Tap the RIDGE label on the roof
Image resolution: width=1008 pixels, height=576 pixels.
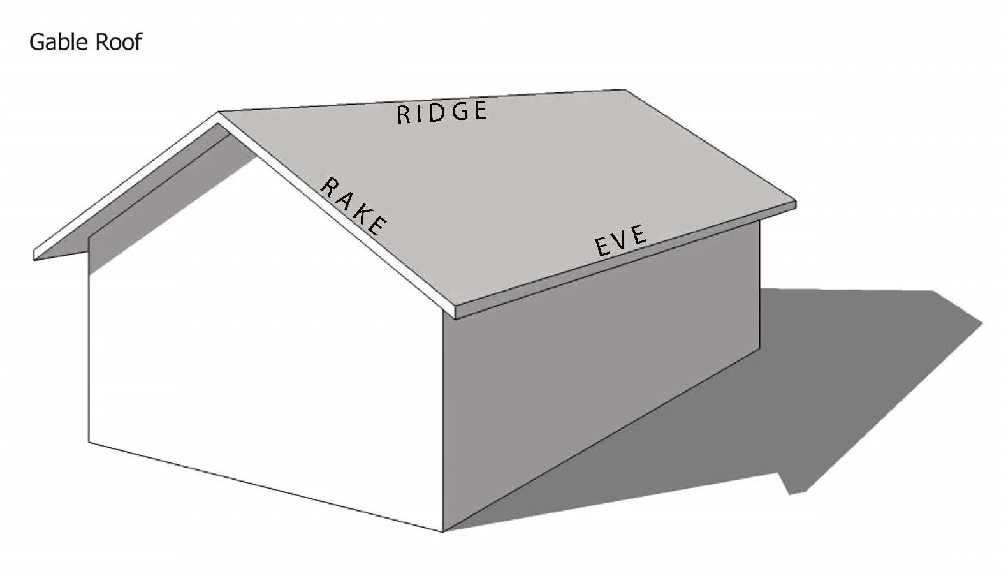(442, 112)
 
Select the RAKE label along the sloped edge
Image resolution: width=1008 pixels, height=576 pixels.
(353, 206)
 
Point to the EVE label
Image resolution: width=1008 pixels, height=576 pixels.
(620, 240)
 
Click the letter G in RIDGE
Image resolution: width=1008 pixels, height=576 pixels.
(457, 112)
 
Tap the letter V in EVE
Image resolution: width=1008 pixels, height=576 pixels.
(620, 240)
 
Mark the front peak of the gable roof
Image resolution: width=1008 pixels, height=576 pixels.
(219, 113)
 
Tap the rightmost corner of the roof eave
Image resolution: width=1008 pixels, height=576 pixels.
(795, 203)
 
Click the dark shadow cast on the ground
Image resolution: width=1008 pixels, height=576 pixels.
(797, 395)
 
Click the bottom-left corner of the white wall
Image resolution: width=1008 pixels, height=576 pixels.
(89, 441)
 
